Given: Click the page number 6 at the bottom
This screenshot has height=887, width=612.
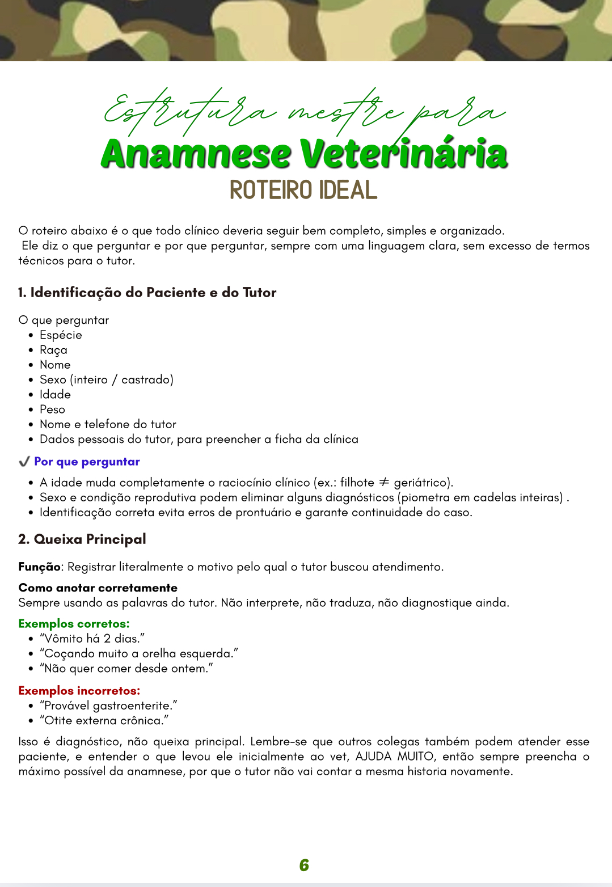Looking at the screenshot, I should [304, 865].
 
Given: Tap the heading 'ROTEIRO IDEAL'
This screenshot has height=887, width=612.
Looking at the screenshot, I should [303, 190].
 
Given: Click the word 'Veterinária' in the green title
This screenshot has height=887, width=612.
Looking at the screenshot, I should [403, 154].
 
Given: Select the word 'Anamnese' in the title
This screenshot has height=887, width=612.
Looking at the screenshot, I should [196, 154].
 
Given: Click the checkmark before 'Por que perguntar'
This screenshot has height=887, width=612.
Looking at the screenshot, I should [24, 462].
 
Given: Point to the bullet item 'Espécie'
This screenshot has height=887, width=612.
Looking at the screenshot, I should [61, 335].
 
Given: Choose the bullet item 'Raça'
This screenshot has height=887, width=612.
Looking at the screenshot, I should [53, 350].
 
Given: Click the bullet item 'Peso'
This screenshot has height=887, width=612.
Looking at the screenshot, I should [52, 409].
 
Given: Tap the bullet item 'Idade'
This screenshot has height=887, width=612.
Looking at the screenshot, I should [55, 395].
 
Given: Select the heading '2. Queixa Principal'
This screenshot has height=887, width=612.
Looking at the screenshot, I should [82, 539].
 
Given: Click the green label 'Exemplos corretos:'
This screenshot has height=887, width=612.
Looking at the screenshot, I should [74, 624].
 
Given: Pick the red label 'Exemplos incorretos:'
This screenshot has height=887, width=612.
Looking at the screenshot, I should [79, 691].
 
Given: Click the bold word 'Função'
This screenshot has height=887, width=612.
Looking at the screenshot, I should [39, 567].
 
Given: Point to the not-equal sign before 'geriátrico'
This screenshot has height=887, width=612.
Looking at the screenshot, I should [384, 482].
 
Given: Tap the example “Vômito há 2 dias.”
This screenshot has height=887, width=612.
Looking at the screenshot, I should [92, 639].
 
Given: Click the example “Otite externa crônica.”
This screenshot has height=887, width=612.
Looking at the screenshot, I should [104, 721].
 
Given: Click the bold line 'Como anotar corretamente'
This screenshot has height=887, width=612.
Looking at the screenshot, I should [98, 588].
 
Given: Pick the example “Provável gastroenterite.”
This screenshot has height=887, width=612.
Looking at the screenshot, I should [108, 706].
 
